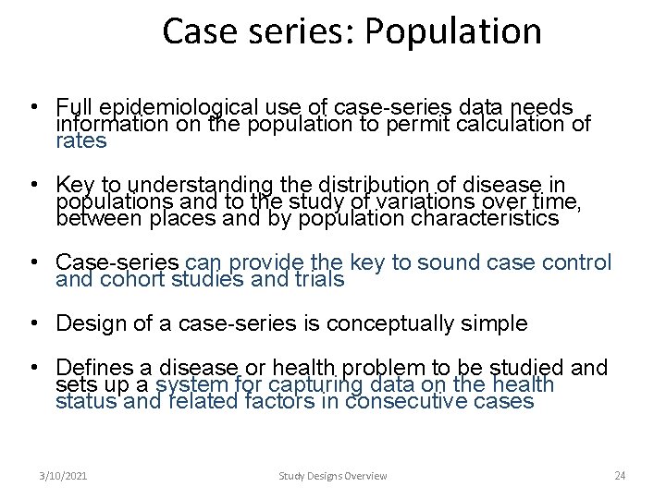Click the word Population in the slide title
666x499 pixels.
tap(452, 31)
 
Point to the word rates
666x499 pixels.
tap(81, 141)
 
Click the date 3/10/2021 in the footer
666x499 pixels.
tap(64, 476)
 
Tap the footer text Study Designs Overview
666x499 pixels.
tap(333, 476)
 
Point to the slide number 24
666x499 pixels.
tap(620, 476)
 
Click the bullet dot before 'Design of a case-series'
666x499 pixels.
tap(33, 323)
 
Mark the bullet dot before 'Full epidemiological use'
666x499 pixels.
tap(33, 107)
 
